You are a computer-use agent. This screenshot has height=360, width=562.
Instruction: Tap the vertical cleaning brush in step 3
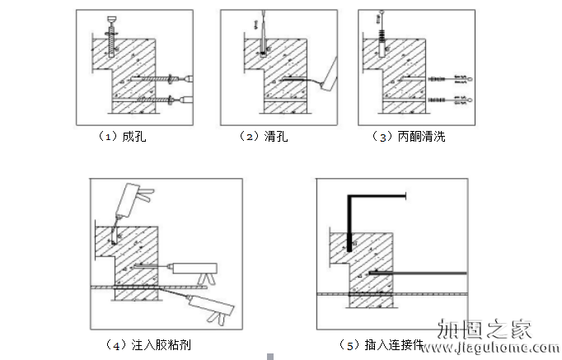coord(382,33)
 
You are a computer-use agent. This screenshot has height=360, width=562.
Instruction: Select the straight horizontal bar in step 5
coord(420,273)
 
